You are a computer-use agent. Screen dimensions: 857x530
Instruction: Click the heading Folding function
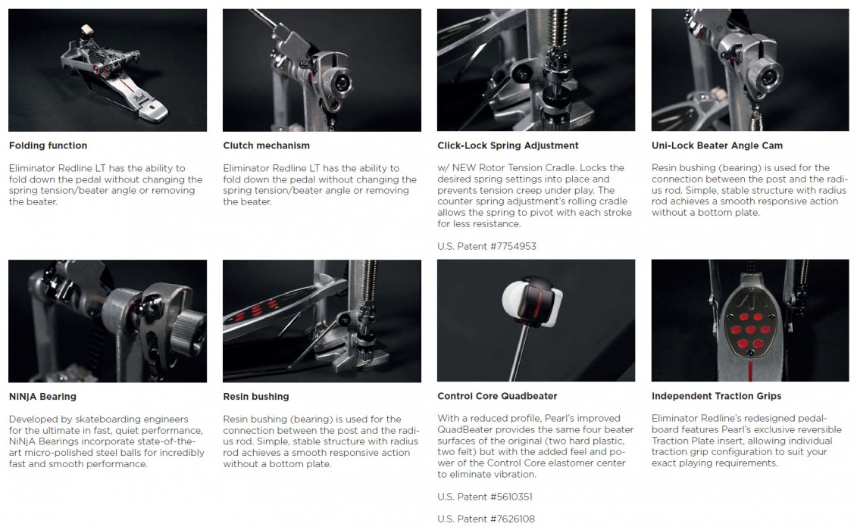pos(48,145)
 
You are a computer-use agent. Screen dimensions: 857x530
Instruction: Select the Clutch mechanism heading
pos(266,145)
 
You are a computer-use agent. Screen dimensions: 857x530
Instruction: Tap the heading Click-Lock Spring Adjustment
pos(508,145)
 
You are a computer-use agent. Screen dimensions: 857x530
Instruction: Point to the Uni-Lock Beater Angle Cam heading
pos(717,145)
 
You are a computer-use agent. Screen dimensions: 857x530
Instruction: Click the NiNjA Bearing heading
pos(42,397)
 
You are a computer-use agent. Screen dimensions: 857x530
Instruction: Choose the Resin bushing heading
pos(256,397)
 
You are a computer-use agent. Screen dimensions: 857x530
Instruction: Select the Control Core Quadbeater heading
pos(497,396)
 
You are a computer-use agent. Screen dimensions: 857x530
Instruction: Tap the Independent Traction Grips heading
pos(717,396)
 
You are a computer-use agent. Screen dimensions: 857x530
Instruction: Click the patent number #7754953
pos(513,246)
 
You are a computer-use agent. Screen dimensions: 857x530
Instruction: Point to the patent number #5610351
pos(511,497)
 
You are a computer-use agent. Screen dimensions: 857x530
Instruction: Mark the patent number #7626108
pos(513,519)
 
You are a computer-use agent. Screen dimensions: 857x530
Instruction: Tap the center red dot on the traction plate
pos(750,329)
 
